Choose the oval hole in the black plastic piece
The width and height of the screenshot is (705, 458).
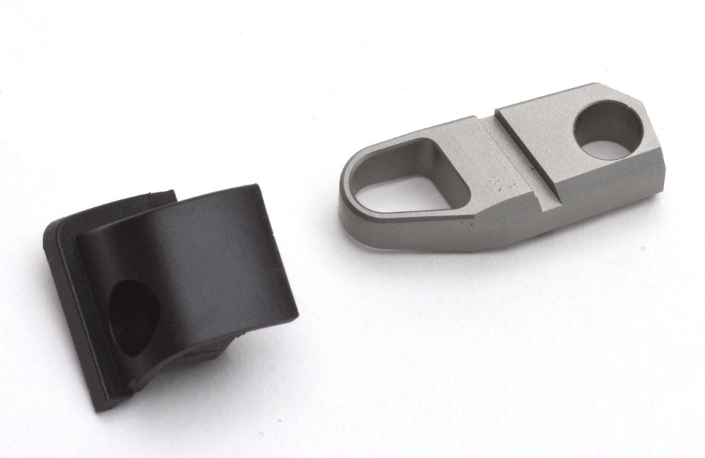(x=134, y=314)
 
